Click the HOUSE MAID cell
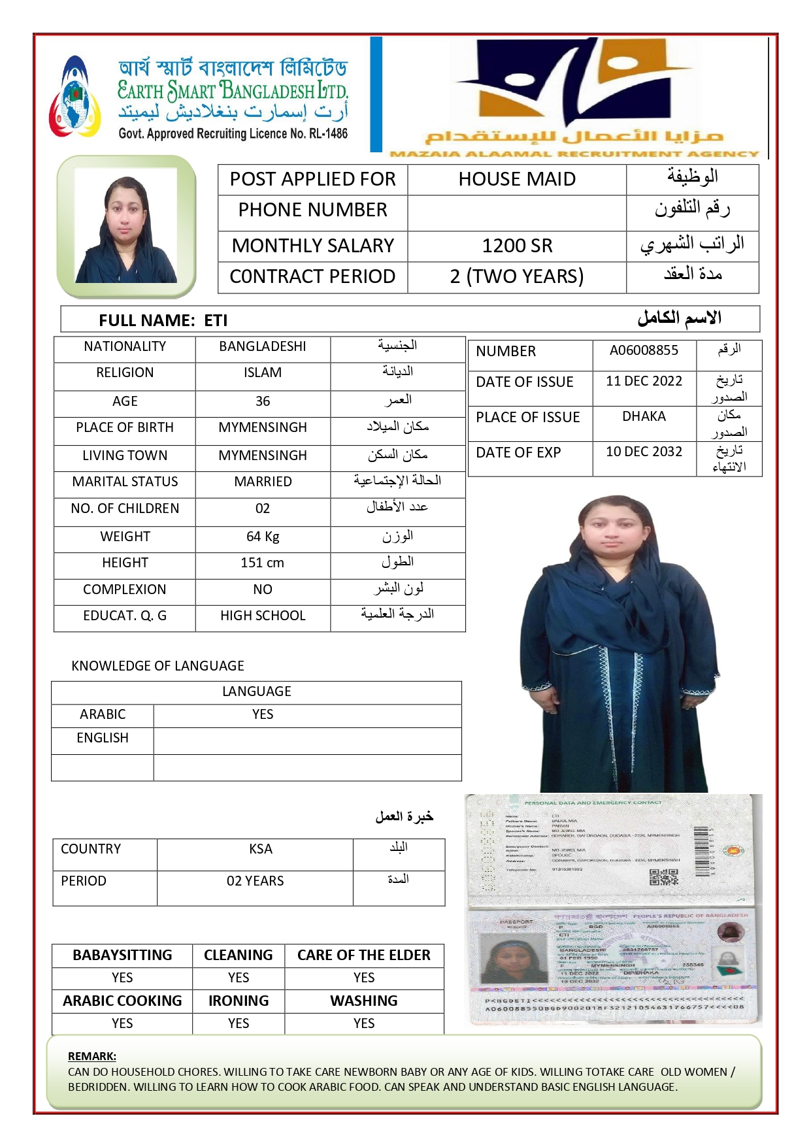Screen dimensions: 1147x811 click(x=517, y=179)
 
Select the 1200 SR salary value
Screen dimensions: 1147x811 click(x=517, y=246)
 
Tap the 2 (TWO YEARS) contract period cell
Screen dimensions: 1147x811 click(x=517, y=276)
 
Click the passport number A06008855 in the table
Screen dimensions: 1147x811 click(x=644, y=350)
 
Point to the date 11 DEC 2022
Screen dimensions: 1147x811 click(x=644, y=381)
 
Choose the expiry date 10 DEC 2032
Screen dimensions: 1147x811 click(x=644, y=452)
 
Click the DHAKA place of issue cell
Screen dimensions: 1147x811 click(x=644, y=416)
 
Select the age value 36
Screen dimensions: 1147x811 click(x=263, y=401)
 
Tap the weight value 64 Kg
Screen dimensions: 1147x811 click(x=263, y=537)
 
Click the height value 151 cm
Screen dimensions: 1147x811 click(x=263, y=563)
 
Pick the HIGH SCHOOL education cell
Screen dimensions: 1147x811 click(x=263, y=616)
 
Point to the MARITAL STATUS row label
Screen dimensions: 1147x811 click(x=125, y=482)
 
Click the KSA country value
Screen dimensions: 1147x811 click(x=261, y=849)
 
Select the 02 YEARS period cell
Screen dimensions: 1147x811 click(x=255, y=881)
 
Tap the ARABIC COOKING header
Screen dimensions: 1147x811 click(x=122, y=1001)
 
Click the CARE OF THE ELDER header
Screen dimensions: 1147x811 click(x=364, y=955)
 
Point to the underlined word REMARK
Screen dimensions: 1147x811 click(x=92, y=1056)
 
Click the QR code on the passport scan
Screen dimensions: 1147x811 click(x=664, y=877)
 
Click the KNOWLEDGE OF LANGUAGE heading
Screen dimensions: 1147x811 click(x=157, y=666)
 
